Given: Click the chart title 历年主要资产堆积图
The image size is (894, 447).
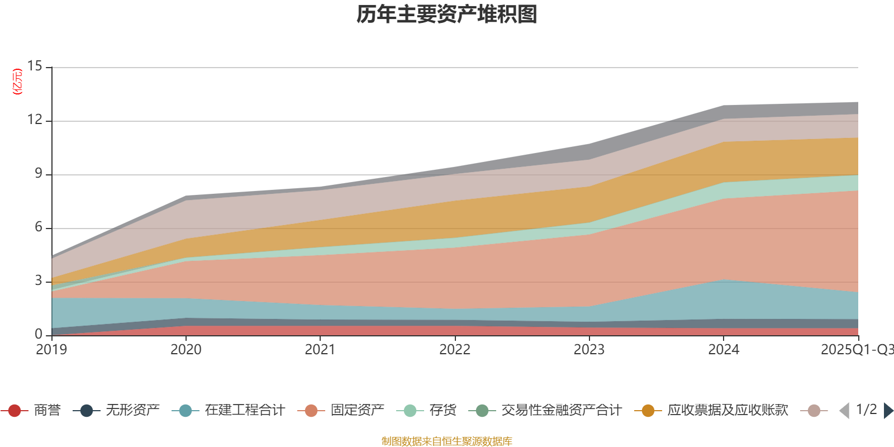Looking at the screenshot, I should click(447, 15).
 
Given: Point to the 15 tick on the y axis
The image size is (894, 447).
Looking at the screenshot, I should click(35, 66).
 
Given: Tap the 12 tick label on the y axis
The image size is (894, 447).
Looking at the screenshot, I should click(35, 120).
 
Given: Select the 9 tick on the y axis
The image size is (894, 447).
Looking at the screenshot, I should click(38, 174).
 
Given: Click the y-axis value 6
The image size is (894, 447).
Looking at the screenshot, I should click(38, 227).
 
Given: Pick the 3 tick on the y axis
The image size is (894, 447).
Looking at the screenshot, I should click(38, 280).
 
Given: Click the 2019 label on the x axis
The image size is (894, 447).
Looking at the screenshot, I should click(51, 350).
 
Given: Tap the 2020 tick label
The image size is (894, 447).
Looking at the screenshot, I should click(186, 350).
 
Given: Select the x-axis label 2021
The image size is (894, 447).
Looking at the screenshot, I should click(320, 350).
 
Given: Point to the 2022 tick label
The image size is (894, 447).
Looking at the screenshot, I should click(454, 350).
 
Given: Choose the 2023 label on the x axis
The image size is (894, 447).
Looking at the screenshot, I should click(589, 350).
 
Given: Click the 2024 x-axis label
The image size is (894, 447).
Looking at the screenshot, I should click(724, 350).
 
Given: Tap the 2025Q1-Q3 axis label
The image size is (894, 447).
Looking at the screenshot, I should click(856, 350).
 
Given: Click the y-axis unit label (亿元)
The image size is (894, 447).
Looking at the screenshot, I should click(18, 82).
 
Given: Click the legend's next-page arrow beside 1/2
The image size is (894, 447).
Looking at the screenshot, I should click(888, 411).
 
